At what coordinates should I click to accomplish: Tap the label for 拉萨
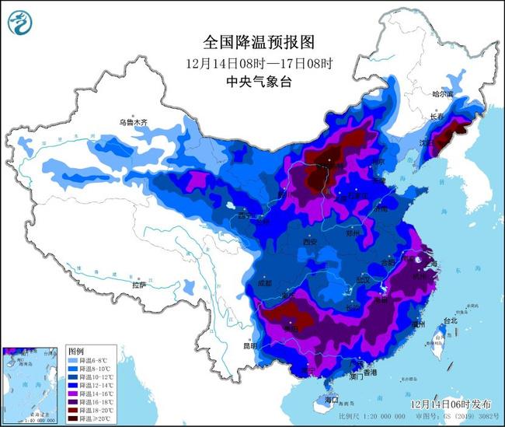coord(139,285)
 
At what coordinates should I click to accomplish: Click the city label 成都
coord(263,283)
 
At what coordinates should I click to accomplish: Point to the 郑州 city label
coord(354,233)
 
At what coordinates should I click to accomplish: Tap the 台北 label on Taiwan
coord(449,320)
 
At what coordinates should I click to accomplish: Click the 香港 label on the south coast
coord(367,373)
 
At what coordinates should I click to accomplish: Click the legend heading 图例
coord(75,351)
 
